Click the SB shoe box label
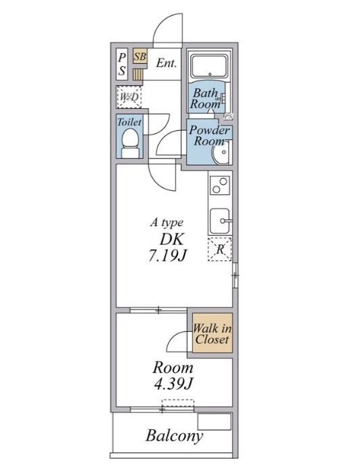[x=139, y=56]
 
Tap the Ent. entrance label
[x=166, y=63]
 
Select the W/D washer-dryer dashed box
[x=129, y=97]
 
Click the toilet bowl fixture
[x=130, y=143]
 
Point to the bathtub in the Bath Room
[x=210, y=66]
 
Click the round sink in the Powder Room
[x=221, y=152]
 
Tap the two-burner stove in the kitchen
[x=220, y=185]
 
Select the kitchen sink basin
[x=220, y=221]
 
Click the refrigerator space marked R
[x=220, y=249]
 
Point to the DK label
[x=172, y=238]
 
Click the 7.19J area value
[x=167, y=255]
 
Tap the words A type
[x=166, y=223]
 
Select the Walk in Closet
[x=212, y=333]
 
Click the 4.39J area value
[x=173, y=384]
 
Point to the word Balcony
[x=174, y=436]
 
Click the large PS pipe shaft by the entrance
[x=122, y=64]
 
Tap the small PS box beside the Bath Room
[x=228, y=116]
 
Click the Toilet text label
[x=129, y=122]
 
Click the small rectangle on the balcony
[x=215, y=422]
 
